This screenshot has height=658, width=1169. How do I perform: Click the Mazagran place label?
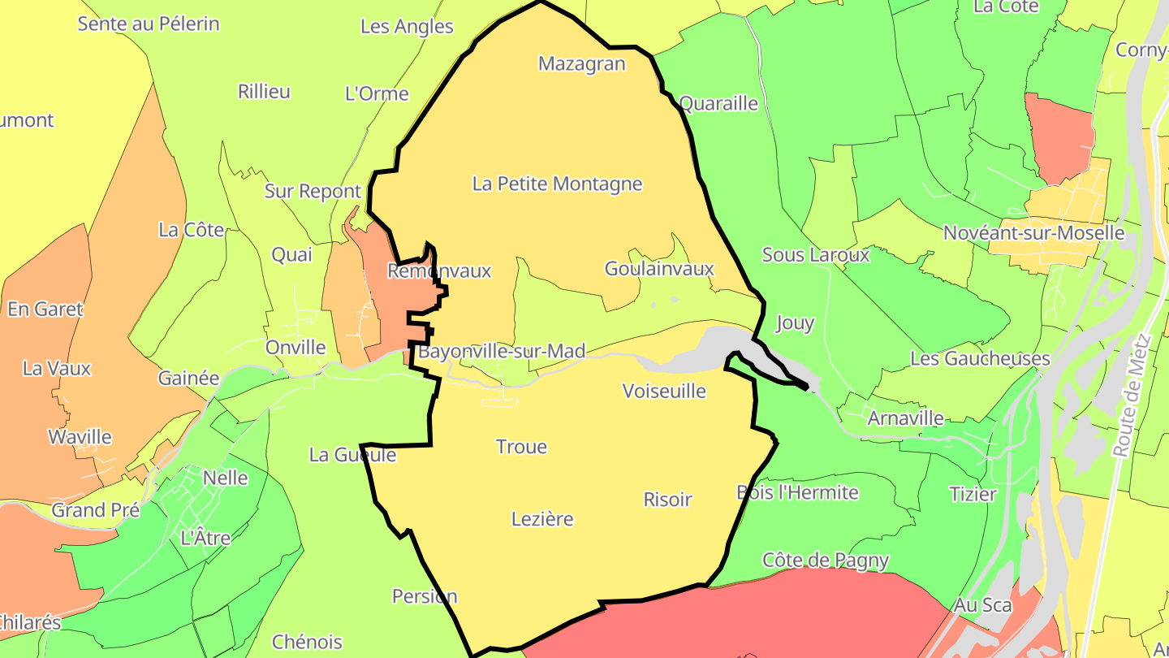click(x=582, y=64)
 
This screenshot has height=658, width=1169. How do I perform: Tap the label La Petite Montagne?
click(x=557, y=184)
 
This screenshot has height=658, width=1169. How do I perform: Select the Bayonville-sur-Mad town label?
click(x=502, y=352)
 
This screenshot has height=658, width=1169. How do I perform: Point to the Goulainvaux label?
click(x=659, y=269)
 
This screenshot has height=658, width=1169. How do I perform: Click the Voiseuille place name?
click(x=664, y=392)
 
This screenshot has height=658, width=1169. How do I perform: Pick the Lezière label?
click(x=542, y=519)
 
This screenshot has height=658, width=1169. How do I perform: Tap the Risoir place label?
click(x=667, y=500)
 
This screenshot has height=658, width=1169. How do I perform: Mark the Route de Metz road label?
click(x=1133, y=396)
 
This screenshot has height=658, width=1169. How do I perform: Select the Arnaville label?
click(x=905, y=418)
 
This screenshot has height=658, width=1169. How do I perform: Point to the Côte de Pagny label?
click(x=826, y=561)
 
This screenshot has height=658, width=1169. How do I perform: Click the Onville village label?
click(x=295, y=348)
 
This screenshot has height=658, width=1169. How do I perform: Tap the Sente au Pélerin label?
click(x=149, y=24)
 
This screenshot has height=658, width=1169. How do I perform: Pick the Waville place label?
click(x=80, y=437)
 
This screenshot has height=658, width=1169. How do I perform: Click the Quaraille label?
click(x=718, y=104)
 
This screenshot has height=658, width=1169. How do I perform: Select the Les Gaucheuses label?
click(x=980, y=359)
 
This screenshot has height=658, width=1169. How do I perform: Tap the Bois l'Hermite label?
click(x=797, y=492)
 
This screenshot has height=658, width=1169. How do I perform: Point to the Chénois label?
click(x=307, y=642)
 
